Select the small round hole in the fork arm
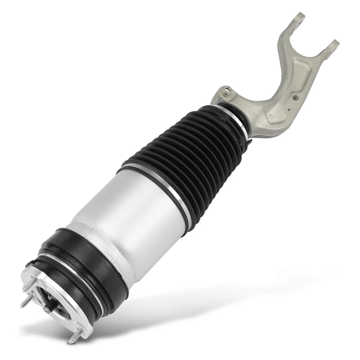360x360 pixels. [295, 96]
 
